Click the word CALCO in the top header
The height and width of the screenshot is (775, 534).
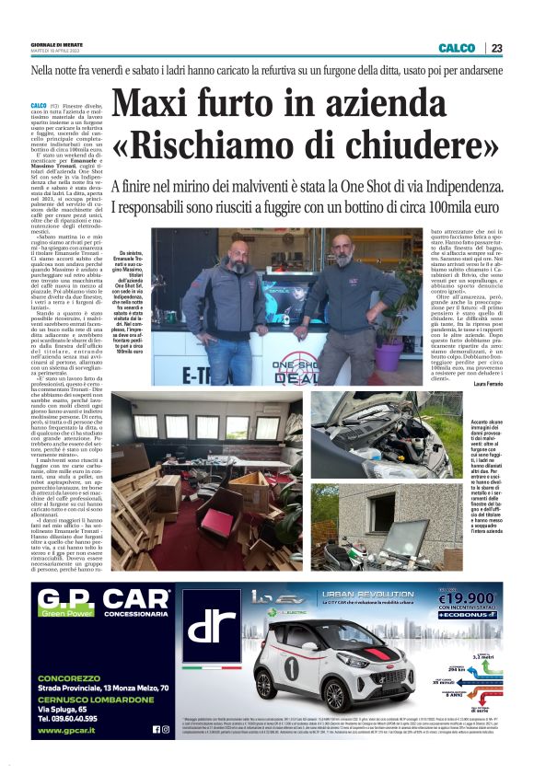tap(458, 48)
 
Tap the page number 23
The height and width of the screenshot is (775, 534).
tap(497, 48)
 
